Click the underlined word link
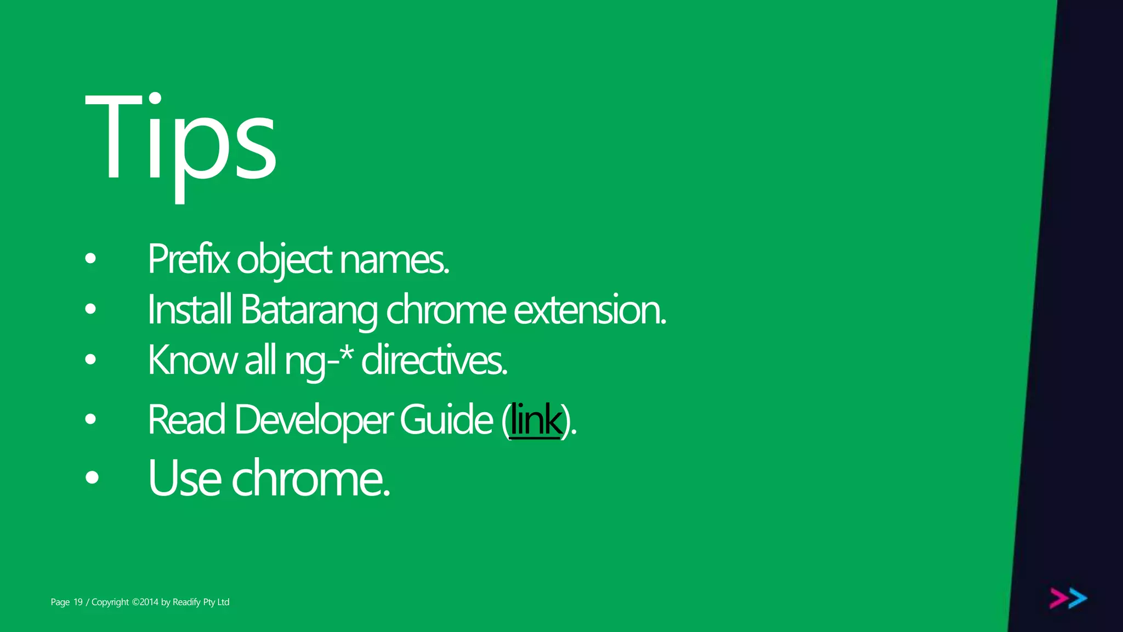pyautogui.click(x=536, y=420)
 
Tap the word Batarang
pyautogui.click(x=309, y=310)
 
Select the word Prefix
pyautogui.click(x=189, y=259)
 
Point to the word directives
pyautogui.click(x=434, y=361)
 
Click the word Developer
pyautogui.click(x=313, y=420)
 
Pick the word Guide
pyautogui.click(x=446, y=420)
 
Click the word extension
pyautogui.click(x=589, y=310)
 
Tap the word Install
pyautogui.click(x=190, y=310)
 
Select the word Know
pyautogui.click(x=192, y=361)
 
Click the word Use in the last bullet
pyautogui.click(x=184, y=479)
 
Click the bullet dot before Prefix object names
pyautogui.click(x=91, y=258)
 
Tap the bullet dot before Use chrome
pyautogui.click(x=92, y=477)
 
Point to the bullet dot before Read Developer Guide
pyautogui.click(x=91, y=419)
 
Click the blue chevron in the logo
pyautogui.click(x=1078, y=599)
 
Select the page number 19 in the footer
pyautogui.click(x=78, y=602)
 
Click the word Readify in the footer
pyautogui.click(x=186, y=602)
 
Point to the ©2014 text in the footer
pyautogui.click(x=145, y=602)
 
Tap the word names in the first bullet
pyautogui.click(x=394, y=259)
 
